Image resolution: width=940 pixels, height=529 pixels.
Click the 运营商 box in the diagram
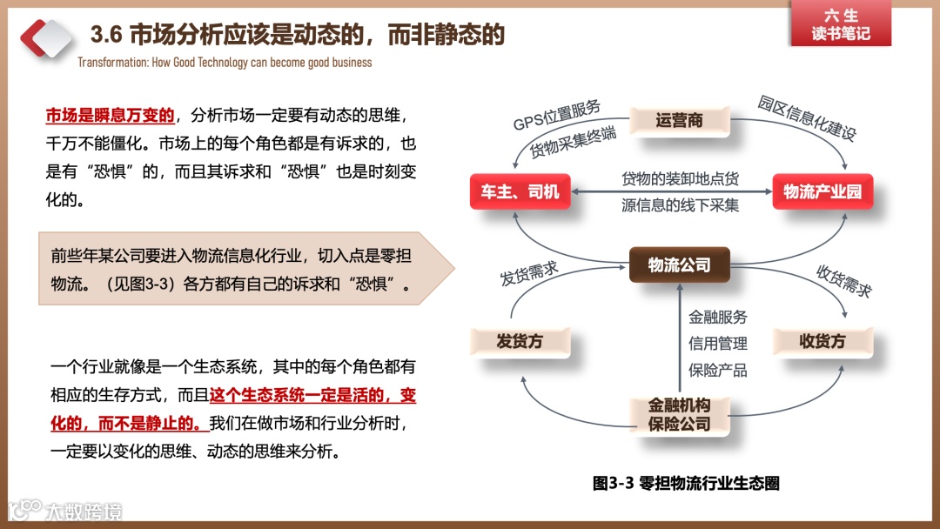pyautogui.click(x=679, y=120)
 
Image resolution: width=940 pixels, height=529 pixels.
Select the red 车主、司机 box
pyautogui.click(x=520, y=191)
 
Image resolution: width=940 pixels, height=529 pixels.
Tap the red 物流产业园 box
pyautogui.click(x=822, y=191)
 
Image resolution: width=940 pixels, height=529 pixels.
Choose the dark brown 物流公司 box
pyautogui.click(x=679, y=265)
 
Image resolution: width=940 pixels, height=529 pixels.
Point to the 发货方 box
pyautogui.click(x=520, y=341)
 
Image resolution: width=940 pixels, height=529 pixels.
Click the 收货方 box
pyautogui.click(x=822, y=341)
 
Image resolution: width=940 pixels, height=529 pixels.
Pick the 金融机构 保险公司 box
pyautogui.click(x=679, y=415)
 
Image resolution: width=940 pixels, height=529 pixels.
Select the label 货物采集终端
pyautogui.click(x=574, y=140)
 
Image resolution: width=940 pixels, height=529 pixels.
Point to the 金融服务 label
pyautogui.click(x=718, y=317)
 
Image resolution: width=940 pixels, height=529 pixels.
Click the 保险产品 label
pyautogui.click(x=718, y=369)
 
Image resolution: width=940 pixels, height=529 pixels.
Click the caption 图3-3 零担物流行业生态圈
pyautogui.click(x=686, y=484)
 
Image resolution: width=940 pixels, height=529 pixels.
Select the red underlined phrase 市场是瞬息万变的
pyautogui.click(x=111, y=116)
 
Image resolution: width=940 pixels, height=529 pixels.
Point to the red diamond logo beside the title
pyautogui.click(x=48, y=37)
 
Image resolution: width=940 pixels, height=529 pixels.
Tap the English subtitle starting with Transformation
pyautogui.click(x=225, y=63)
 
